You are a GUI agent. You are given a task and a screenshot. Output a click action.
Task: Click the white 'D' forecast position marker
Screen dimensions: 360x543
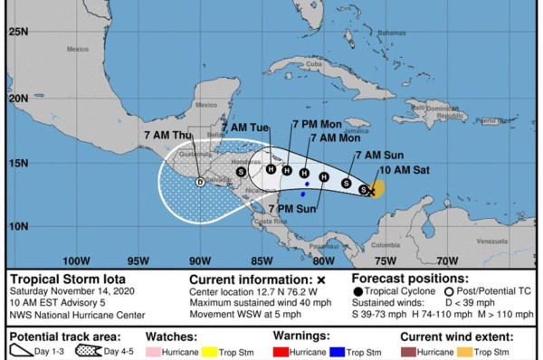(x=200, y=181)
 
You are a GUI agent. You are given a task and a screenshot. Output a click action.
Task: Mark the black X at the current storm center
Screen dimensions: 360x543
(x=371, y=191)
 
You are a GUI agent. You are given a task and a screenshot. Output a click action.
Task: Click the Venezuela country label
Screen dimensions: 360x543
(x=493, y=242)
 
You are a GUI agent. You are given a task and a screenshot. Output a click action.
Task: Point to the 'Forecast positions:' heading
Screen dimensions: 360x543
(x=410, y=279)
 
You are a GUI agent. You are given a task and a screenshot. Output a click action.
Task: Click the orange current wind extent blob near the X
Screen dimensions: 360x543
(x=378, y=187)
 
